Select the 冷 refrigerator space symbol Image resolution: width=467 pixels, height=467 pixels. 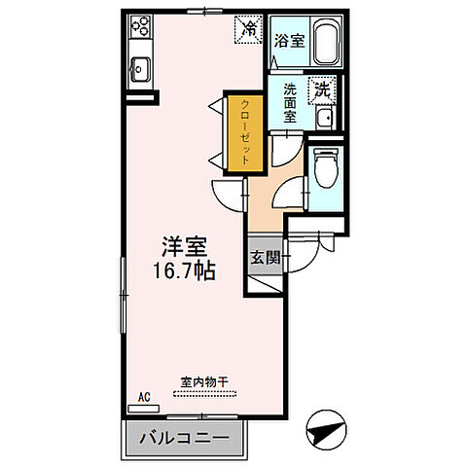point(248,29)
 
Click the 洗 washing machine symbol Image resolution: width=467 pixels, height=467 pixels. point(320,89)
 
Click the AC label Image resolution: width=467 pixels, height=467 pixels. point(143,396)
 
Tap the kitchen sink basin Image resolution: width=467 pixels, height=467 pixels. point(139,71)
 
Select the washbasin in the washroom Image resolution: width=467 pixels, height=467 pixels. point(325,119)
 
